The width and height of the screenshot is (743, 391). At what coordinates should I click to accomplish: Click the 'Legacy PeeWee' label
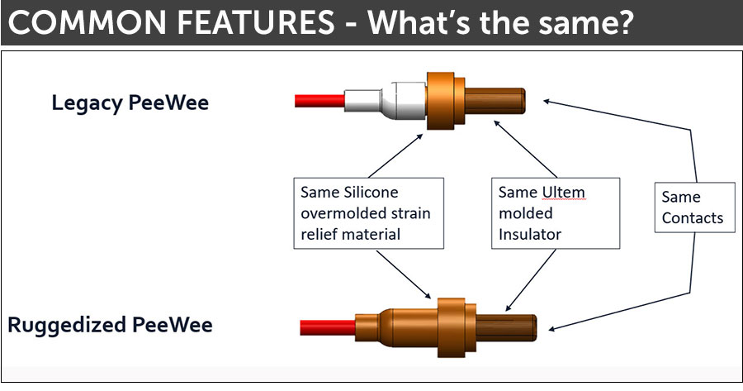pyautogui.click(x=130, y=103)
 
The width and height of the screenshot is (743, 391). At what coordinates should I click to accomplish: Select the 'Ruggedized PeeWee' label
pyautogui.click(x=110, y=326)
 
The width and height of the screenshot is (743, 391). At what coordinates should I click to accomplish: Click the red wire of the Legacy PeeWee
pyautogui.click(x=319, y=101)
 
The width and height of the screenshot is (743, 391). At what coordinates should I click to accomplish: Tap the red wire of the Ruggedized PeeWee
pyautogui.click(x=328, y=327)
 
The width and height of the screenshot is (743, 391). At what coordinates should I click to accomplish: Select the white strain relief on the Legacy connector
pyautogui.click(x=385, y=101)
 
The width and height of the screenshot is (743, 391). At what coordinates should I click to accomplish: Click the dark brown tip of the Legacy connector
pyautogui.click(x=495, y=101)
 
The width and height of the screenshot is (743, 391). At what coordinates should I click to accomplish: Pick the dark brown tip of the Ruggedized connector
pyautogui.click(x=506, y=327)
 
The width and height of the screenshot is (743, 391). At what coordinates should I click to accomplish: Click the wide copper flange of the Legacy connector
pyautogui.click(x=441, y=101)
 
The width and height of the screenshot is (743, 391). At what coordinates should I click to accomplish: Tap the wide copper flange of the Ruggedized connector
pyautogui.click(x=451, y=327)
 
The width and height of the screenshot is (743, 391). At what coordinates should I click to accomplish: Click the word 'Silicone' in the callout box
pyautogui.click(x=371, y=192)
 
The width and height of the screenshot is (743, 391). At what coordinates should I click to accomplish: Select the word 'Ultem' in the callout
pyautogui.click(x=563, y=192)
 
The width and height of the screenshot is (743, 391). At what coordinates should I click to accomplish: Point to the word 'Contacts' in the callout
pyautogui.click(x=693, y=217)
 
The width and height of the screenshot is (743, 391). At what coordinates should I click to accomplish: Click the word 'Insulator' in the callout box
pyautogui.click(x=530, y=234)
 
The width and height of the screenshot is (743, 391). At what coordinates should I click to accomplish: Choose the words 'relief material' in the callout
pyautogui.click(x=351, y=234)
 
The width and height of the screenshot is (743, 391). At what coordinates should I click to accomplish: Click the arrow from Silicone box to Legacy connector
pyautogui.click(x=395, y=155)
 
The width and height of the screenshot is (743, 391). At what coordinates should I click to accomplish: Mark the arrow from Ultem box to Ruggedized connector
pyautogui.click(x=530, y=280)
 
